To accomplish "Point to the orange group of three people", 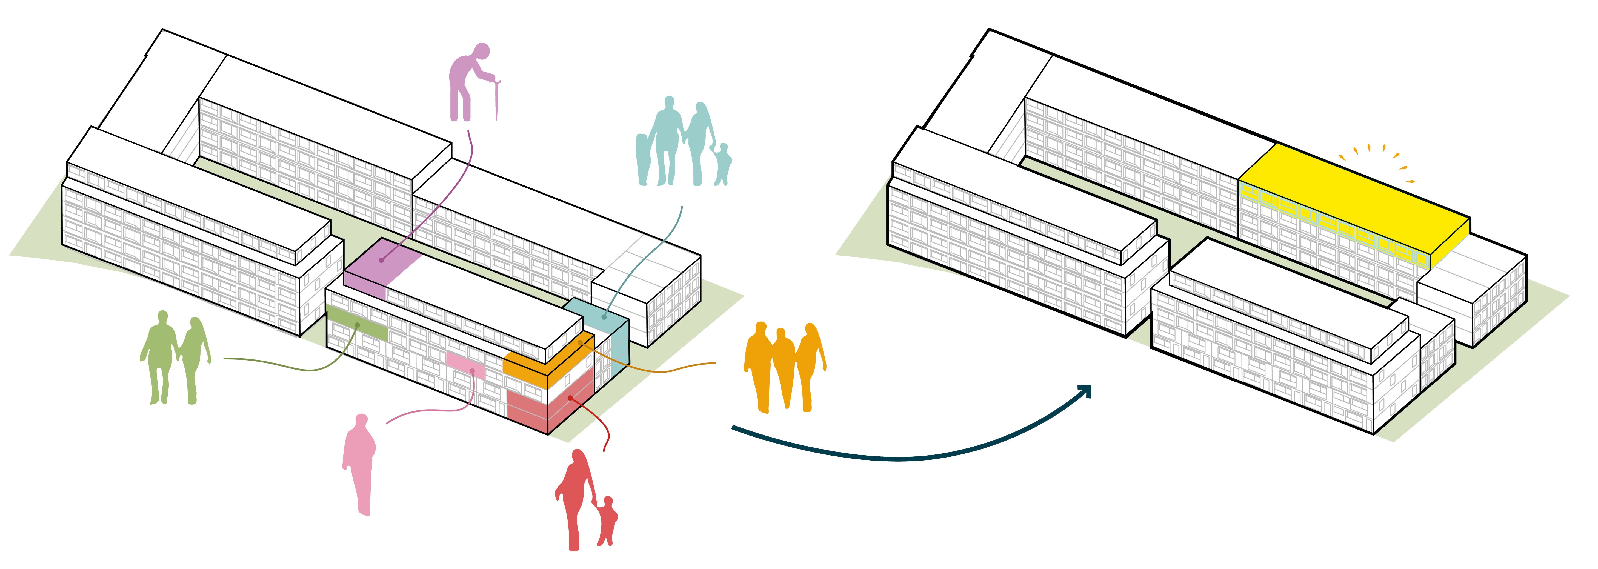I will click(x=785, y=366).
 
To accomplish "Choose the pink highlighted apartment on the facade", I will click(x=465, y=366).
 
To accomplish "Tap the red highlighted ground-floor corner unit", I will click(x=546, y=403).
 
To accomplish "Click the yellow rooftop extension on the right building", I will click(x=1352, y=199).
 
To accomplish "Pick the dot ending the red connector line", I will click(x=570, y=398).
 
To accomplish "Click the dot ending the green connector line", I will click(x=357, y=325).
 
